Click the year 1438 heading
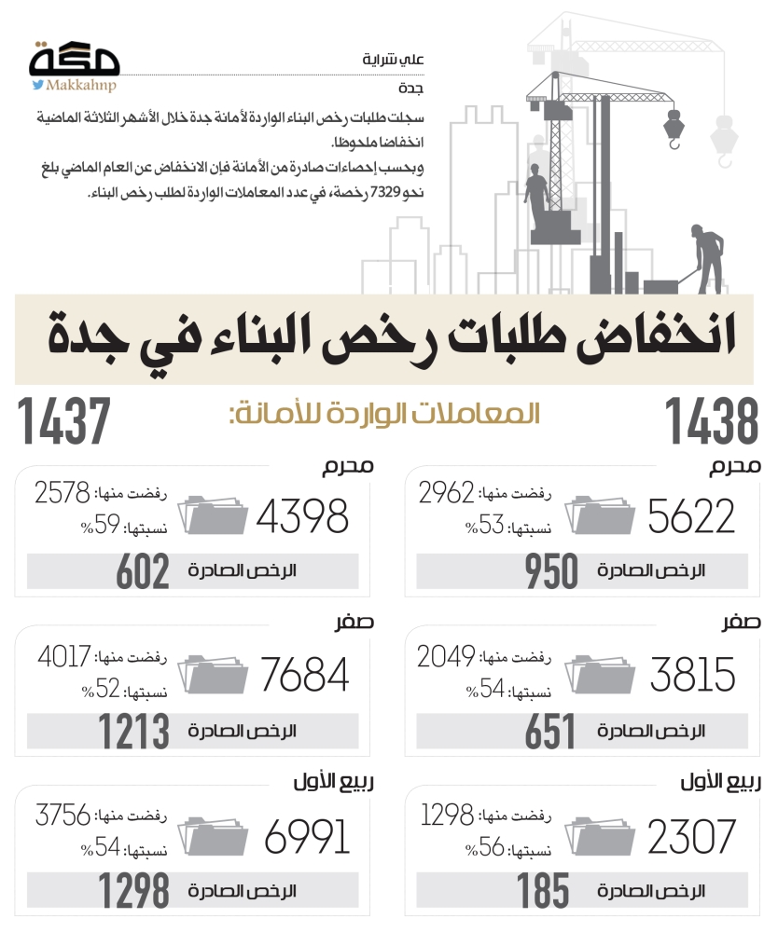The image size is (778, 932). click(710, 421)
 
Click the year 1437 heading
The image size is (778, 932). click(63, 421)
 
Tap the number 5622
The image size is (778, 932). click(691, 515)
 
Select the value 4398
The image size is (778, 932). click(302, 515)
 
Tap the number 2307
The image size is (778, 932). click(691, 836)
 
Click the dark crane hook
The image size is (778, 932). click(674, 126)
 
